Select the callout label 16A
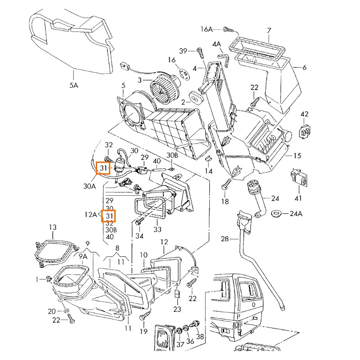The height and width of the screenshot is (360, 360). click(x=207, y=29)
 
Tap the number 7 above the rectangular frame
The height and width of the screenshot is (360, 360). click(x=269, y=31)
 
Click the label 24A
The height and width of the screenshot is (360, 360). click(x=296, y=213)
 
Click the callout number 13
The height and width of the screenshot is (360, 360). click(x=53, y=227)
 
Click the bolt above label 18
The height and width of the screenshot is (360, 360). click(x=226, y=184)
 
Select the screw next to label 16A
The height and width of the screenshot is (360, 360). click(x=229, y=30)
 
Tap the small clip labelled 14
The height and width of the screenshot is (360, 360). click(x=208, y=159)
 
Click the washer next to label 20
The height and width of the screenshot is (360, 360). click(x=66, y=311)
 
